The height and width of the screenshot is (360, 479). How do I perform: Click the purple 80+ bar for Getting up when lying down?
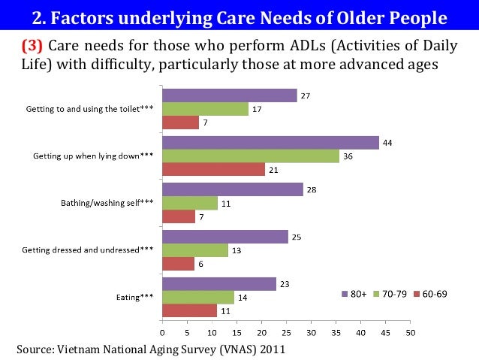270,143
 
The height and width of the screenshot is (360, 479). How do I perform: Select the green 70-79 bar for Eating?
198,297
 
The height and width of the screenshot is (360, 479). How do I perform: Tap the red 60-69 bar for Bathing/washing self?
179,216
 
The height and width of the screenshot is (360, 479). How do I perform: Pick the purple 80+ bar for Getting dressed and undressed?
225,237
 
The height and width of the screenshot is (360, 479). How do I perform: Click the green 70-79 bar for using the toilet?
206,109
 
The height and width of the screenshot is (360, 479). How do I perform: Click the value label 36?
348,156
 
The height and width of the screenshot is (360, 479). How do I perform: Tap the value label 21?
274,170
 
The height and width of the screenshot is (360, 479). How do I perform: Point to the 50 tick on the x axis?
410,331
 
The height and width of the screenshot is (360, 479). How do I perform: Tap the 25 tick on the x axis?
286,331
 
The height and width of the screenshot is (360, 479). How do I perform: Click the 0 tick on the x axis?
163,331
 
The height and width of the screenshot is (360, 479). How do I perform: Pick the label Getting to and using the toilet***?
90,109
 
